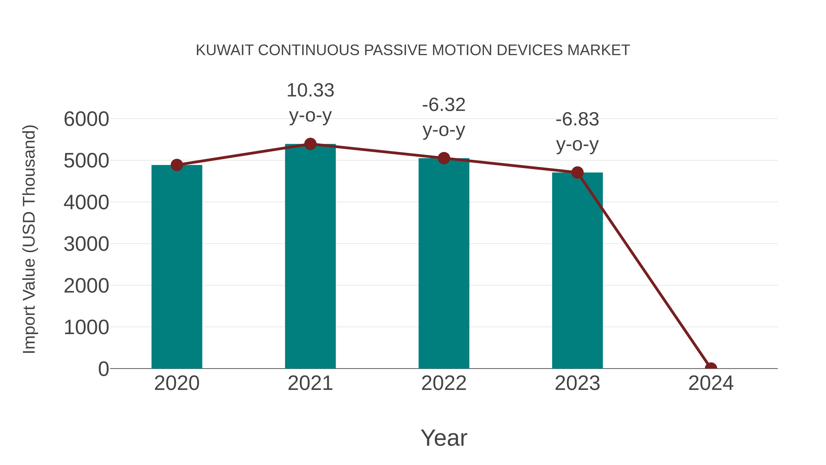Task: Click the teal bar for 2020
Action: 177,266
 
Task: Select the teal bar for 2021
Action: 310,257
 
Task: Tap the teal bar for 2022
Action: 444,263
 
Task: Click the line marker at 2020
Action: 177,165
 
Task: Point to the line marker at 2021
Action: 310,144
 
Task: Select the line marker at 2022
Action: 444,158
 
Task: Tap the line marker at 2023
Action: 577,173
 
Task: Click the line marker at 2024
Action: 711,368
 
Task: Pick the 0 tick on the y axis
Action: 103,369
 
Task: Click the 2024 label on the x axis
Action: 711,383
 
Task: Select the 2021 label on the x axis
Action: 310,383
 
